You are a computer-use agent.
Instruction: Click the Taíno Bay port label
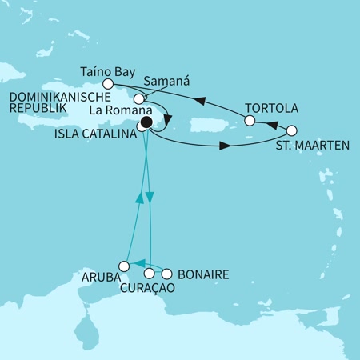(x=102, y=70)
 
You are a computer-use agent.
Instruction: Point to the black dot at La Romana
(x=146, y=124)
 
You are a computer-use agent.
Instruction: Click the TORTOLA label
(x=263, y=107)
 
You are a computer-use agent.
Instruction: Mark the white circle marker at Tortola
(x=250, y=122)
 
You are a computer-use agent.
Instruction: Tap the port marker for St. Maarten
(x=291, y=130)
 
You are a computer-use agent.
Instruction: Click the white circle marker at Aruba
(x=124, y=266)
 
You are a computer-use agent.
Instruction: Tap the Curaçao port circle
(x=149, y=274)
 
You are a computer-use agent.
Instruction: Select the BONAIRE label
(x=203, y=274)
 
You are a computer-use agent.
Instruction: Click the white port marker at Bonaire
(x=169, y=274)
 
